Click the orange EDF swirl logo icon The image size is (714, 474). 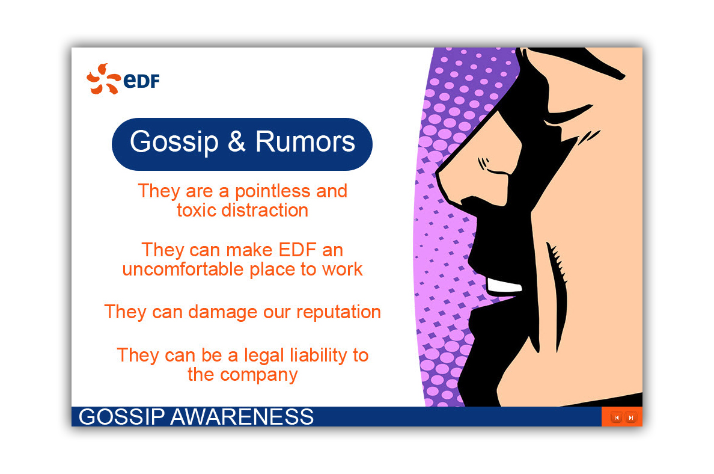coord(103,79)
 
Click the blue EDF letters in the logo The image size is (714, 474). coord(142,81)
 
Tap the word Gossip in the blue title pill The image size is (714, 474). coord(174,142)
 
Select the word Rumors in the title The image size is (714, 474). coord(305,141)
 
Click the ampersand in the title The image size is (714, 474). coord(237,142)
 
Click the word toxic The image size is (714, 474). coord(197,211)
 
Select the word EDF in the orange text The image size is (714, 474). coord(297,250)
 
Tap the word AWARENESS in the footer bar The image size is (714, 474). coord(242,417)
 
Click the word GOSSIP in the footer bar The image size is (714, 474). coord(121,417)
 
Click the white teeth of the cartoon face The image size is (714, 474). coord(504,286)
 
